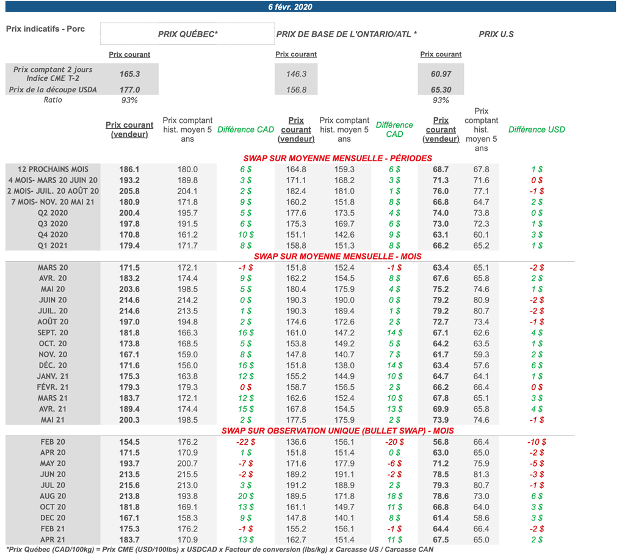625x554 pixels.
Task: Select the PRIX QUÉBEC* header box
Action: pos(187,34)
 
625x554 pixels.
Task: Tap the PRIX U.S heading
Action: pos(496,34)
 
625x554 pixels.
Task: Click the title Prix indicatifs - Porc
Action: pos(45,29)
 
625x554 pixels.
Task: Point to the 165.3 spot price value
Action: pos(129,74)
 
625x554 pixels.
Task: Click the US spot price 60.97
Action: pos(441,74)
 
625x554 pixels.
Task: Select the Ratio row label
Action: pos(52,100)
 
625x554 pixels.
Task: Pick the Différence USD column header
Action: pos(536,129)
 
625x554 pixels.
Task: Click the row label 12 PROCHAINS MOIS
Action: pos(53,169)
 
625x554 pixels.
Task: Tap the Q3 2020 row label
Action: pos(53,224)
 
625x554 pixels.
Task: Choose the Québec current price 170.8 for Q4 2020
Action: pos(129,235)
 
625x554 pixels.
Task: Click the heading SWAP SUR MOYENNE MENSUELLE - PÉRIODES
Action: pos(338,158)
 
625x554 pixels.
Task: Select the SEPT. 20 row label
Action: pos(53,333)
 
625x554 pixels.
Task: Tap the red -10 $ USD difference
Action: pos(536,442)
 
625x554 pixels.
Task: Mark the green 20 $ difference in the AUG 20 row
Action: pos(246,496)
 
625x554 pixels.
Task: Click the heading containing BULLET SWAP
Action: pos(338,431)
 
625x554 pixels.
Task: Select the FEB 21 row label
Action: pos(53,529)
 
